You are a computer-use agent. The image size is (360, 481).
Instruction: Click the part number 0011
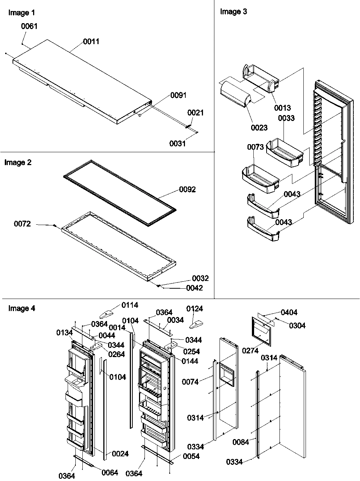[x=91, y=42]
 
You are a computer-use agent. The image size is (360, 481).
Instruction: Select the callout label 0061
[x=29, y=26]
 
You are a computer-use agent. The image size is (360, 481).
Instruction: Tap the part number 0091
[x=178, y=95]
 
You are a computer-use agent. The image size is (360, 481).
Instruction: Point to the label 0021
[x=195, y=113]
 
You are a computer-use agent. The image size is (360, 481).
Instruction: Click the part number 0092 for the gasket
[x=187, y=190]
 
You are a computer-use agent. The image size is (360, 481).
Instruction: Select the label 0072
[x=22, y=224]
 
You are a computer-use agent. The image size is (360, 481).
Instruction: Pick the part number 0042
[x=194, y=288]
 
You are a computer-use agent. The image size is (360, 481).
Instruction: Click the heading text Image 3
[x=233, y=12]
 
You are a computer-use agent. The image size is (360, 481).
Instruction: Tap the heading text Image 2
[x=18, y=163]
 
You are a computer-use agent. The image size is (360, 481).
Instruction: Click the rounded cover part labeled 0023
[x=235, y=94]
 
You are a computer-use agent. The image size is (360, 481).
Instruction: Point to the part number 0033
[x=286, y=118]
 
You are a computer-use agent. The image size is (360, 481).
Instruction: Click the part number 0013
[x=282, y=108]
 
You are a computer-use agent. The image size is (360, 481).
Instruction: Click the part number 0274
[x=250, y=351]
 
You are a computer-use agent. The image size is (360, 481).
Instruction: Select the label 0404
[x=289, y=313]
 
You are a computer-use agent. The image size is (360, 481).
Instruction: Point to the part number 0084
[x=240, y=442]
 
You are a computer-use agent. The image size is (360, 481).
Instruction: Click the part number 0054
[x=191, y=456]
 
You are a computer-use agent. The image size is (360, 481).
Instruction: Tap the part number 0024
[x=120, y=454]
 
